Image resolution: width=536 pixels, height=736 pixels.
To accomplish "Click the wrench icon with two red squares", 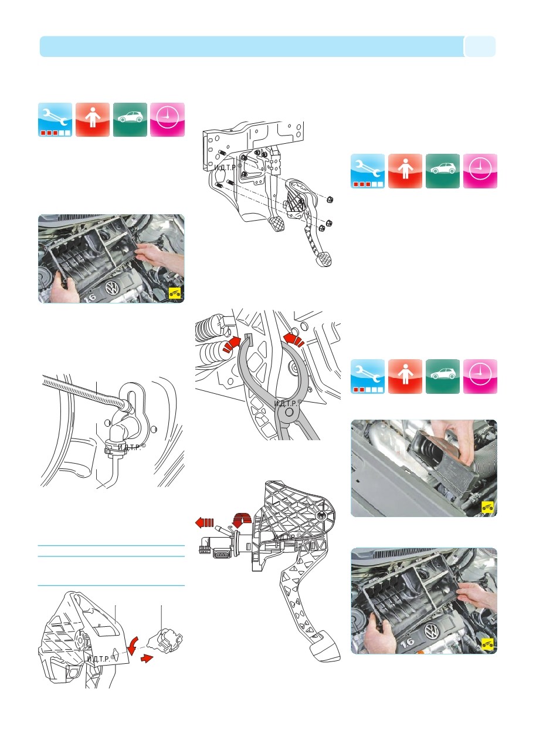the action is click(x=368, y=376).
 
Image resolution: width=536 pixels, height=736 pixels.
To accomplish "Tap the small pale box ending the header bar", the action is click(x=480, y=46).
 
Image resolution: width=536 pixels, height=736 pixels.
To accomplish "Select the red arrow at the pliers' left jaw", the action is click(x=232, y=345).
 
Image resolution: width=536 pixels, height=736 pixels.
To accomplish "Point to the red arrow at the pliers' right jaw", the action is click(x=294, y=339).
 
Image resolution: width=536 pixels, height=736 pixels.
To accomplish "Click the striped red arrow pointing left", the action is click(x=205, y=522).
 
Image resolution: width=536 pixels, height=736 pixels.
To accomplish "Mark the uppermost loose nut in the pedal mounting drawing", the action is click(x=330, y=200).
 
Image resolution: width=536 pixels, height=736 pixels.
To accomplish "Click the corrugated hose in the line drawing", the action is click(x=86, y=391).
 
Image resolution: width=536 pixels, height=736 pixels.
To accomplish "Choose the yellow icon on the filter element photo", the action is click(x=487, y=507).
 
